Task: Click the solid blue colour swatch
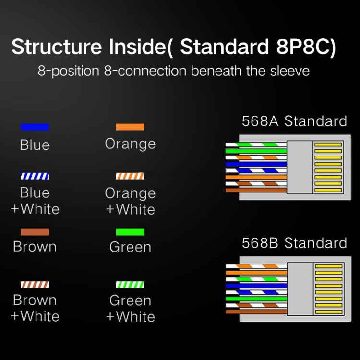(x=35, y=127)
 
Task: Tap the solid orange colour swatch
(x=130, y=127)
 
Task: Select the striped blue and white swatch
(x=35, y=176)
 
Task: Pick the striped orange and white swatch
(x=130, y=176)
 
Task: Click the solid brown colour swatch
(x=35, y=232)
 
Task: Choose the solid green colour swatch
(x=130, y=232)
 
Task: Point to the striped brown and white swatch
(x=35, y=284)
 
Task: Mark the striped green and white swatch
(x=130, y=284)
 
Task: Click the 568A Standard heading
(x=294, y=121)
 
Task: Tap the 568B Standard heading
(x=294, y=243)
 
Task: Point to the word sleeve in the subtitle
(x=289, y=71)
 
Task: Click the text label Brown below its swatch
(x=35, y=247)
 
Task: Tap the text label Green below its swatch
(x=130, y=247)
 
